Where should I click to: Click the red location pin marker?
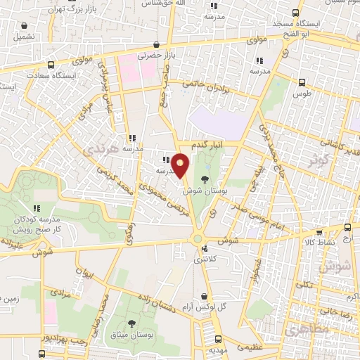[x=181, y=165]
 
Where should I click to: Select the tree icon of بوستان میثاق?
[x=131, y=323]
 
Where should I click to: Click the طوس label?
[x=302, y=94]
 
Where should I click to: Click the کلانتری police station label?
[x=206, y=260]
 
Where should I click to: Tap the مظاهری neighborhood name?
[x=304, y=329]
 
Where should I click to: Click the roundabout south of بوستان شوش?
[x=198, y=238]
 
